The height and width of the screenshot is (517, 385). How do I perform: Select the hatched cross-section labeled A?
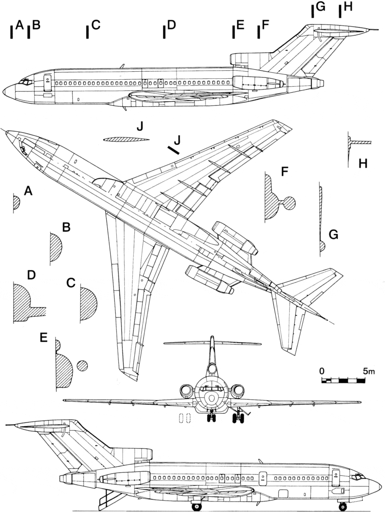17,203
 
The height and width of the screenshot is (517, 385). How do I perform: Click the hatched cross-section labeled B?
55,249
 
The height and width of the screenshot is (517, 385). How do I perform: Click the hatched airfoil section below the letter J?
124,140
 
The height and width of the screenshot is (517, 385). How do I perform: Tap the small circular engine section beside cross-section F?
289,203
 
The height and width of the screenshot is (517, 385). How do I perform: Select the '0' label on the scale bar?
321,372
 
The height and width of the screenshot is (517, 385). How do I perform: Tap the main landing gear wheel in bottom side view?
197,506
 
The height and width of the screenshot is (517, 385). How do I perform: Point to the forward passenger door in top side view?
47,81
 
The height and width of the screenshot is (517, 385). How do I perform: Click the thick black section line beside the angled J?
174,149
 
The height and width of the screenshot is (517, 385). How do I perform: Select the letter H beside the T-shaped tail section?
363,163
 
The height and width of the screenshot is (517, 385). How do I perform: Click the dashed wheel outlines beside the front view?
185,418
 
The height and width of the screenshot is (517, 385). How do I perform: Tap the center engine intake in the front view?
213,370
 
